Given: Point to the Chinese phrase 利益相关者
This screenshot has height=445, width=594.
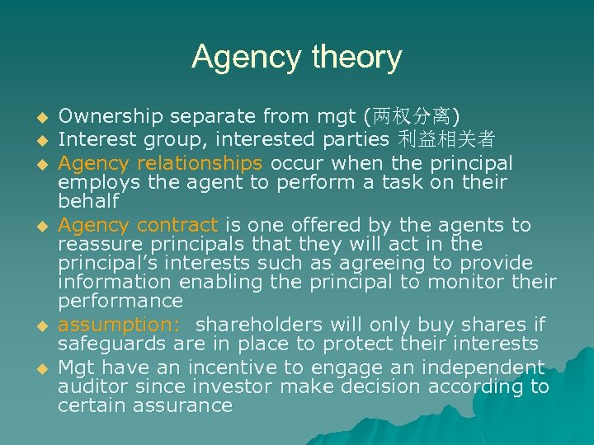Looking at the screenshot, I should (x=446, y=138).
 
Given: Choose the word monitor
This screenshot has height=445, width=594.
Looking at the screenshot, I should (x=468, y=282).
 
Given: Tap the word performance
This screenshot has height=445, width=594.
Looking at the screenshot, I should (x=120, y=301).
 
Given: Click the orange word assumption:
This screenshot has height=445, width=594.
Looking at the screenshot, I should (x=122, y=325).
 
